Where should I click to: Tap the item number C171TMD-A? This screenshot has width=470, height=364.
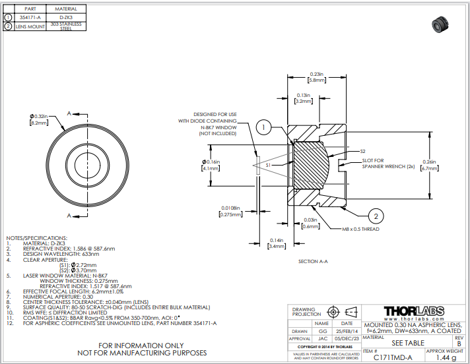(x=394, y=357)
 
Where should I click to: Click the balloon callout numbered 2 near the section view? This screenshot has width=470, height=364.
(x=374, y=216)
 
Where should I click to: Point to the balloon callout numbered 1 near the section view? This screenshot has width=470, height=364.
(x=263, y=127)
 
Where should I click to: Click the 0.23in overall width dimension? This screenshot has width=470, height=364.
(x=316, y=76)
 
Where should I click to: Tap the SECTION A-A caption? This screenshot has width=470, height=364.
(x=313, y=262)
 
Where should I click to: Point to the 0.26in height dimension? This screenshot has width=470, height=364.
(x=429, y=165)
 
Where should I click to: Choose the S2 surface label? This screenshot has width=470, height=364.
(x=362, y=151)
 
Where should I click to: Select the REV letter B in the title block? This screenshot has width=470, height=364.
(x=459, y=344)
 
